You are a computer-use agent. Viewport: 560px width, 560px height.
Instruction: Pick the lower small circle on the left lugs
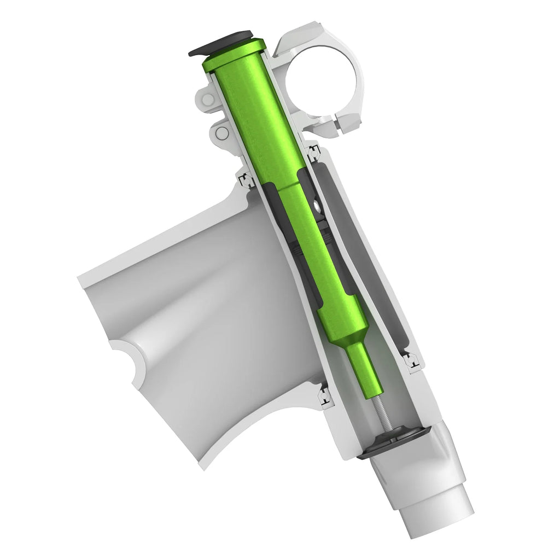pos(220,133)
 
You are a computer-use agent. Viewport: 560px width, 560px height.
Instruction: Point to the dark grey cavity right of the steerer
pos(350,230)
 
